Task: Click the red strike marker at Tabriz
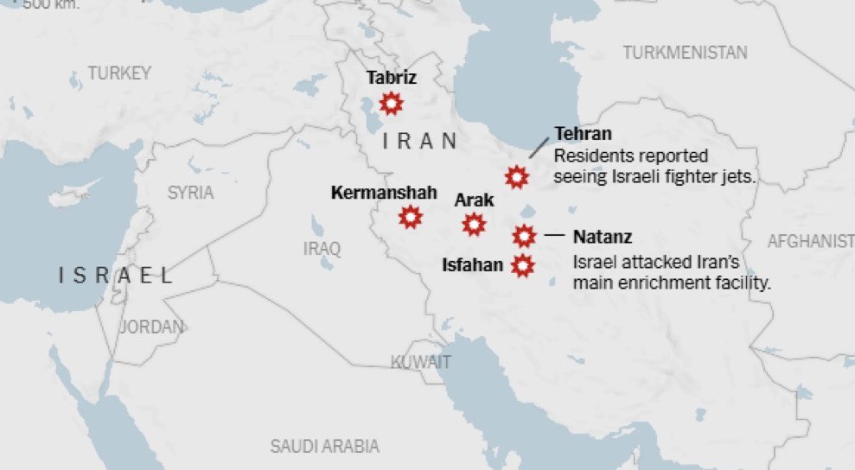[x=392, y=105]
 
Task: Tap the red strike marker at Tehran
[x=517, y=177]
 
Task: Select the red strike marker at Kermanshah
[x=411, y=217]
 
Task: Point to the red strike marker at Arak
[x=474, y=225]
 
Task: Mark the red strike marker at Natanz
[x=524, y=235]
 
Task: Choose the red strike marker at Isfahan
[x=521, y=265]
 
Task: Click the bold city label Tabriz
[x=391, y=78]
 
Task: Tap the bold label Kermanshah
[x=384, y=193]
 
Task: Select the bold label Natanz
[x=603, y=236]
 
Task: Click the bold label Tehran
[x=583, y=134]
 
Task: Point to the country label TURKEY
[x=119, y=73]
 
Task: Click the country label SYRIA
[x=190, y=193]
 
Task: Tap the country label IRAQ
[x=322, y=249]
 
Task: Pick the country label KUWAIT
[x=420, y=362]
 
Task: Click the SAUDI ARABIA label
[x=324, y=446]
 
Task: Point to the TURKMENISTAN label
[x=685, y=53]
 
